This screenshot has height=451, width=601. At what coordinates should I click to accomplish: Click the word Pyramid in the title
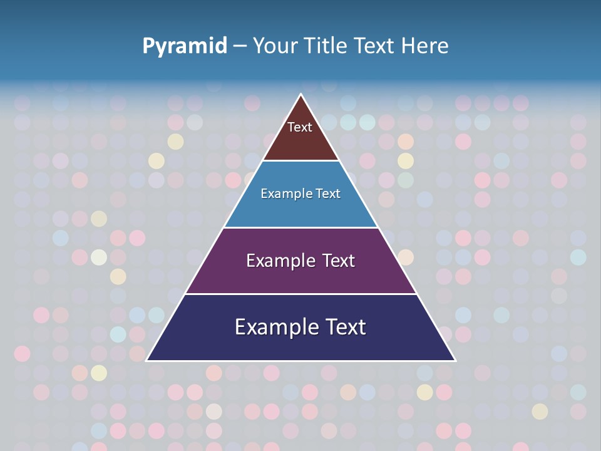(184, 46)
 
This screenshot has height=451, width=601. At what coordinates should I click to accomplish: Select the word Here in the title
(425, 46)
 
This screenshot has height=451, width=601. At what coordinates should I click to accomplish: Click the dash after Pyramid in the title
(240, 46)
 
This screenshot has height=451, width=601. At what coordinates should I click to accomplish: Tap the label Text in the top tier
(300, 127)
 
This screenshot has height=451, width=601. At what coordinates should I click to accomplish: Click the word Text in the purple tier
(338, 261)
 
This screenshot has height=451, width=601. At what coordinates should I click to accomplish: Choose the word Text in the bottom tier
(345, 327)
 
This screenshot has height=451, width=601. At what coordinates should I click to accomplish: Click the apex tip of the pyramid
(301, 96)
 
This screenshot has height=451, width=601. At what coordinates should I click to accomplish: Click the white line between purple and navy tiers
(300, 294)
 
